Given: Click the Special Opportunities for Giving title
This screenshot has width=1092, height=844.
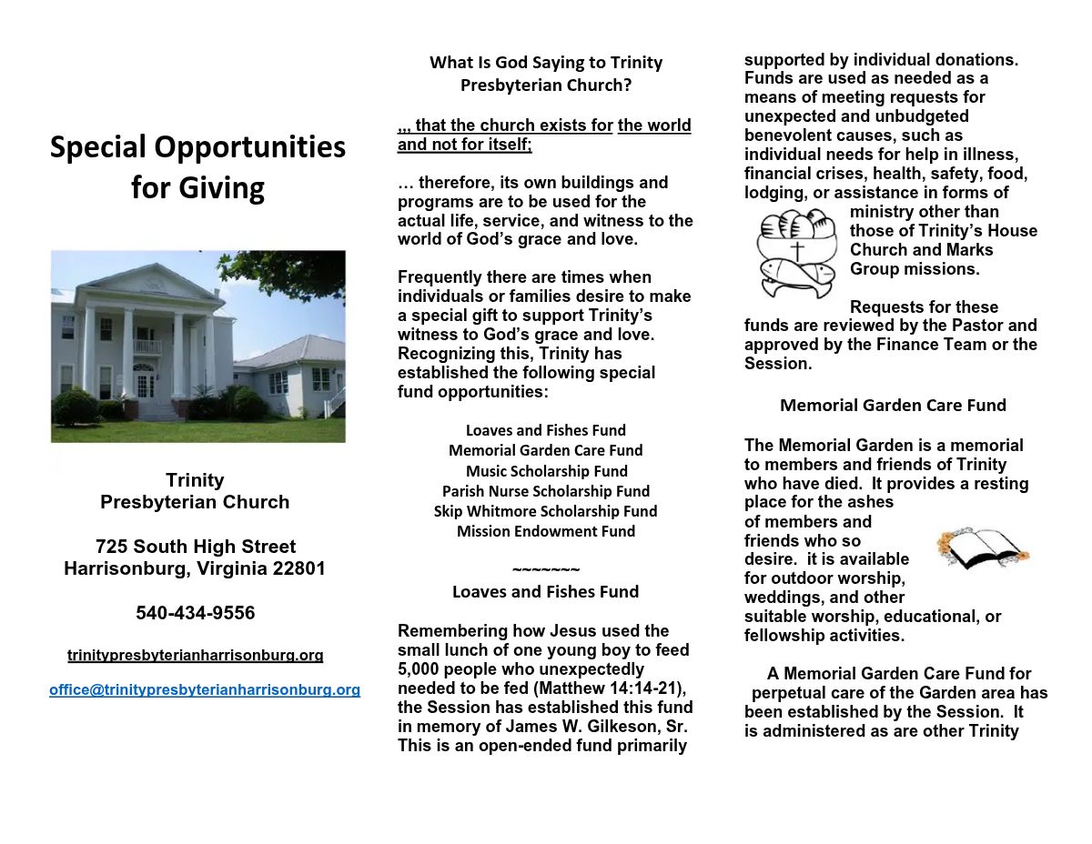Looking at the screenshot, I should [x=197, y=166].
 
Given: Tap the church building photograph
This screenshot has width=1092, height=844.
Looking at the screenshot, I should [x=197, y=346].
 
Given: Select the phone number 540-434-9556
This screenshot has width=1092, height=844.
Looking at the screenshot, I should [x=196, y=613].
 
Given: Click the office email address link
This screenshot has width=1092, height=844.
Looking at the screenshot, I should [x=205, y=689].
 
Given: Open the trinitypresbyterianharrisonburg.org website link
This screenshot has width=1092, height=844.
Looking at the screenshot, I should [x=196, y=655].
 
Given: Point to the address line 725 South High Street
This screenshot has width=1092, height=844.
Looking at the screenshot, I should [x=196, y=547].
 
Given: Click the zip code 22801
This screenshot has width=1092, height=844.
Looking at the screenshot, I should [x=296, y=568].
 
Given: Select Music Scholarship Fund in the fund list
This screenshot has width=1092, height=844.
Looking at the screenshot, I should [x=546, y=471].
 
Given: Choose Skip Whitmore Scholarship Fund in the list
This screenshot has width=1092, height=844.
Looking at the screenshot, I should [x=545, y=511].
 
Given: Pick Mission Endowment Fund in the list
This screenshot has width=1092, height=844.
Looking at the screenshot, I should [x=546, y=531].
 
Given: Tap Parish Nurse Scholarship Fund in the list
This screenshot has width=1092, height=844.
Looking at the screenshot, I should [x=546, y=491].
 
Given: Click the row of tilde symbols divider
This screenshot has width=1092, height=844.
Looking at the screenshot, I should [x=546, y=570].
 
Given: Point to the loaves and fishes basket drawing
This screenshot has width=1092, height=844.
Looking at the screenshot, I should [x=796, y=252].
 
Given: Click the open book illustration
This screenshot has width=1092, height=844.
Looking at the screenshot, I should [x=981, y=548].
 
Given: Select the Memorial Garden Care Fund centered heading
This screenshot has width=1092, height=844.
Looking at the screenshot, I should [x=893, y=406].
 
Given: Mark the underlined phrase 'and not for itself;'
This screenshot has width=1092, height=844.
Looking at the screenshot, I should [x=465, y=145].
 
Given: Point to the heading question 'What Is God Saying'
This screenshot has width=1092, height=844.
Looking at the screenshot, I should [x=546, y=63].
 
